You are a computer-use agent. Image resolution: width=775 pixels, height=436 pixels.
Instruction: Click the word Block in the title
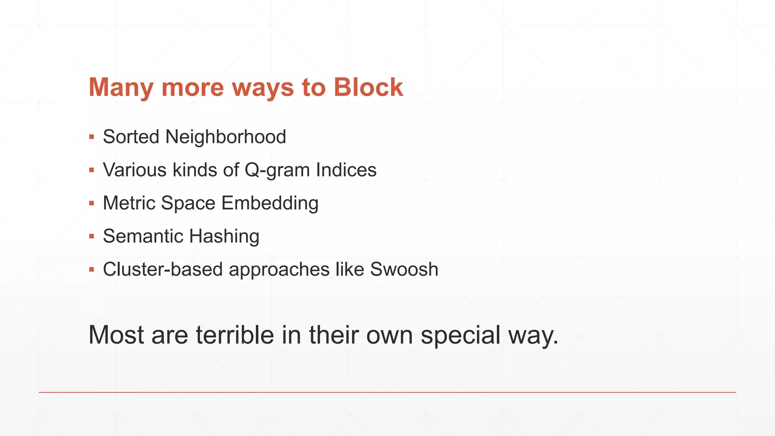(x=368, y=87)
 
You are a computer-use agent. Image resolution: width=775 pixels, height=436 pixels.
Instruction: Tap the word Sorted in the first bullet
(x=131, y=137)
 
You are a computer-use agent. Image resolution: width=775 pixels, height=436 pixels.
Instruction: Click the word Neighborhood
(x=226, y=137)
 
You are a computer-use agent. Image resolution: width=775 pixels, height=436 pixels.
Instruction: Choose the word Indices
(x=346, y=170)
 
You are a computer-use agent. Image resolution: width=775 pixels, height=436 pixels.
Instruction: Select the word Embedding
(x=270, y=203)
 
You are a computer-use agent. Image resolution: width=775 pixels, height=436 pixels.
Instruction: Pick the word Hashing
(x=224, y=237)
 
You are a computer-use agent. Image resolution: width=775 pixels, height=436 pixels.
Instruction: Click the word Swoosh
(x=404, y=269)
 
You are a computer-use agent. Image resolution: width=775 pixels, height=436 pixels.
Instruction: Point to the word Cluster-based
(x=163, y=269)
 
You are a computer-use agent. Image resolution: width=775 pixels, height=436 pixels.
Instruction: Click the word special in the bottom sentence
(x=461, y=335)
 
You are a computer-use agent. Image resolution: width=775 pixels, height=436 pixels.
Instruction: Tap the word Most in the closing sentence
(x=116, y=335)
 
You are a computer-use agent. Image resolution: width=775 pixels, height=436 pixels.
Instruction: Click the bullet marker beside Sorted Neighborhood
(x=92, y=137)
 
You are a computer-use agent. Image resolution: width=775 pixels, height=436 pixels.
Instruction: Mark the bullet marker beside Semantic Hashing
(x=92, y=237)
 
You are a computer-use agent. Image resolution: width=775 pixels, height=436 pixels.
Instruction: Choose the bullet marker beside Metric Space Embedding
(x=92, y=204)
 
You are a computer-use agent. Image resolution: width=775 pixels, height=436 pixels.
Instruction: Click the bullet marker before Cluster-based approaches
(x=92, y=270)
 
